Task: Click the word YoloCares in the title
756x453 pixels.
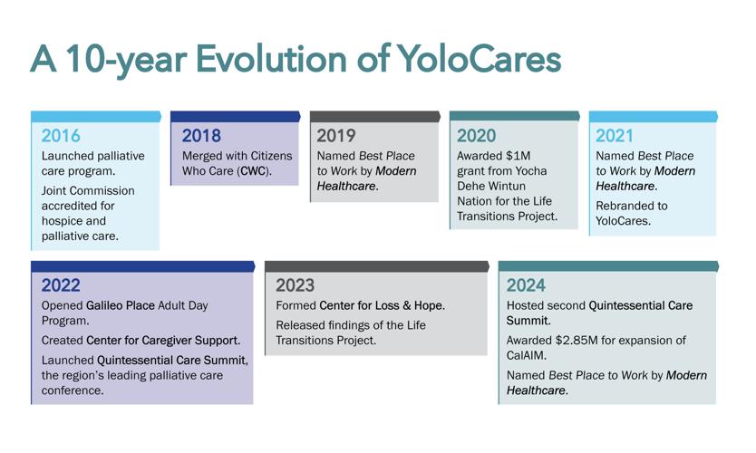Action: pos(480,59)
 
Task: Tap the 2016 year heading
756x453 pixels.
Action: pos(61,136)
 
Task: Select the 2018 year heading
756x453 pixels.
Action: pos(201,136)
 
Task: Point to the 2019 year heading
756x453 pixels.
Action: pos(336,136)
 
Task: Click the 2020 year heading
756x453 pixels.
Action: pos(477,136)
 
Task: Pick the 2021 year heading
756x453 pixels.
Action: pos(615,136)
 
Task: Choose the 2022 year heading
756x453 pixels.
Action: pos(61,285)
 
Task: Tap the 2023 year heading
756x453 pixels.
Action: pos(296,285)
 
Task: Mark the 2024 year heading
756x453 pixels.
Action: pos(526,285)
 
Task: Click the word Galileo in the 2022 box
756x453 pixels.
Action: pos(103,305)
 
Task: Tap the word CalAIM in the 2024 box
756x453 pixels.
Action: pos(526,356)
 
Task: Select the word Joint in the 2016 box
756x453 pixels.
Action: pos(54,191)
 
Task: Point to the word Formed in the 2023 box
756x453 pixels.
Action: pos(296,305)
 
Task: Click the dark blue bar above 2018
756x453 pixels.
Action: pos(236,117)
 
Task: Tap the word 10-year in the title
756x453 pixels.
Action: pos(126,60)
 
